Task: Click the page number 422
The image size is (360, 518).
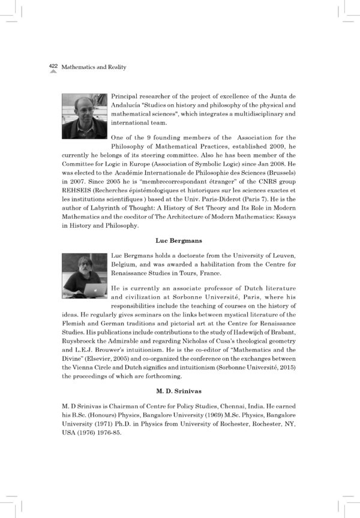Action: [x=53, y=67]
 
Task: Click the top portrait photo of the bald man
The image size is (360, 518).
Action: [x=84, y=116]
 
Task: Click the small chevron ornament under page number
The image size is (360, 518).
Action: [x=53, y=73]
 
